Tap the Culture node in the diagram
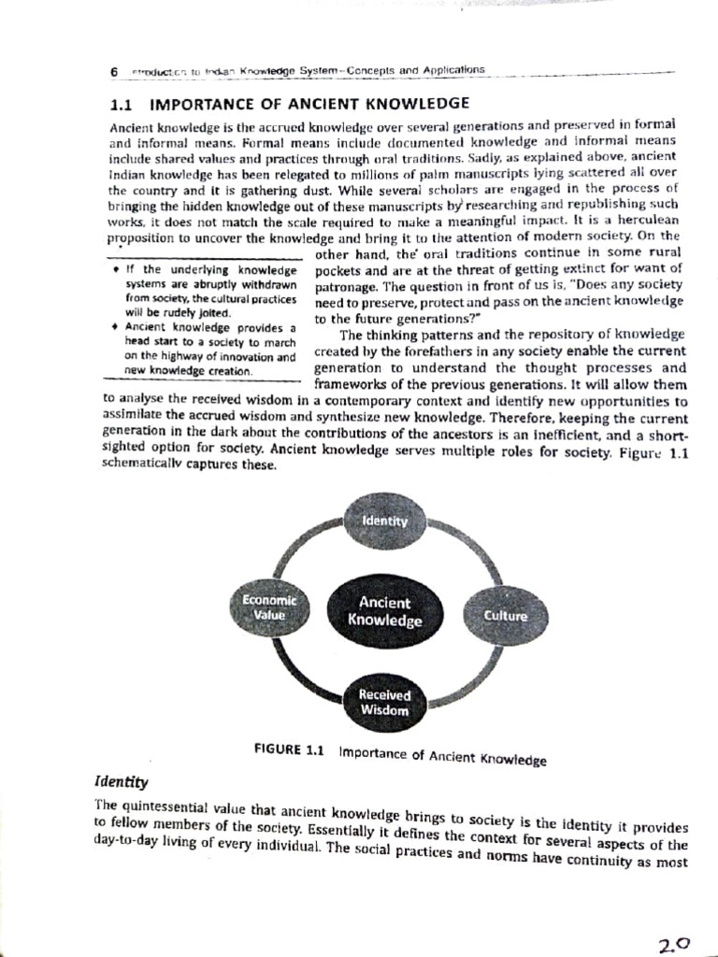click(x=505, y=616)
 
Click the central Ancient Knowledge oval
click(x=384, y=611)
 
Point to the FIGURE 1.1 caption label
click(x=288, y=750)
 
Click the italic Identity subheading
click(x=122, y=781)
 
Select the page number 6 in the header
click(x=113, y=72)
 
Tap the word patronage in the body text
click(x=347, y=286)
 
